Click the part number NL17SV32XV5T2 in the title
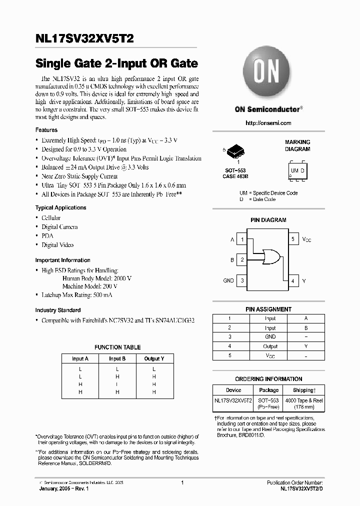pos(84,38)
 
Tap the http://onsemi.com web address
pos(268,123)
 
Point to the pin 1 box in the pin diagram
pos(242,240)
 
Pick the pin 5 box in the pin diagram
pos(293,240)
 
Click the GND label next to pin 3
pos(228,281)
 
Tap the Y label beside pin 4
pos(304,281)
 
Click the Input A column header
pos(80,358)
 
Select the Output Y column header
pos(154,358)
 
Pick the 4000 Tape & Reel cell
pos(304,403)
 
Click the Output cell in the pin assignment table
pos(270,346)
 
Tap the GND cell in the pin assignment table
pos(270,337)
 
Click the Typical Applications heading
pos(60,207)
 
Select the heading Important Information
pos(62,260)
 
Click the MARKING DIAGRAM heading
pos(297,145)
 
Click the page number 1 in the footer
pos(182,482)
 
